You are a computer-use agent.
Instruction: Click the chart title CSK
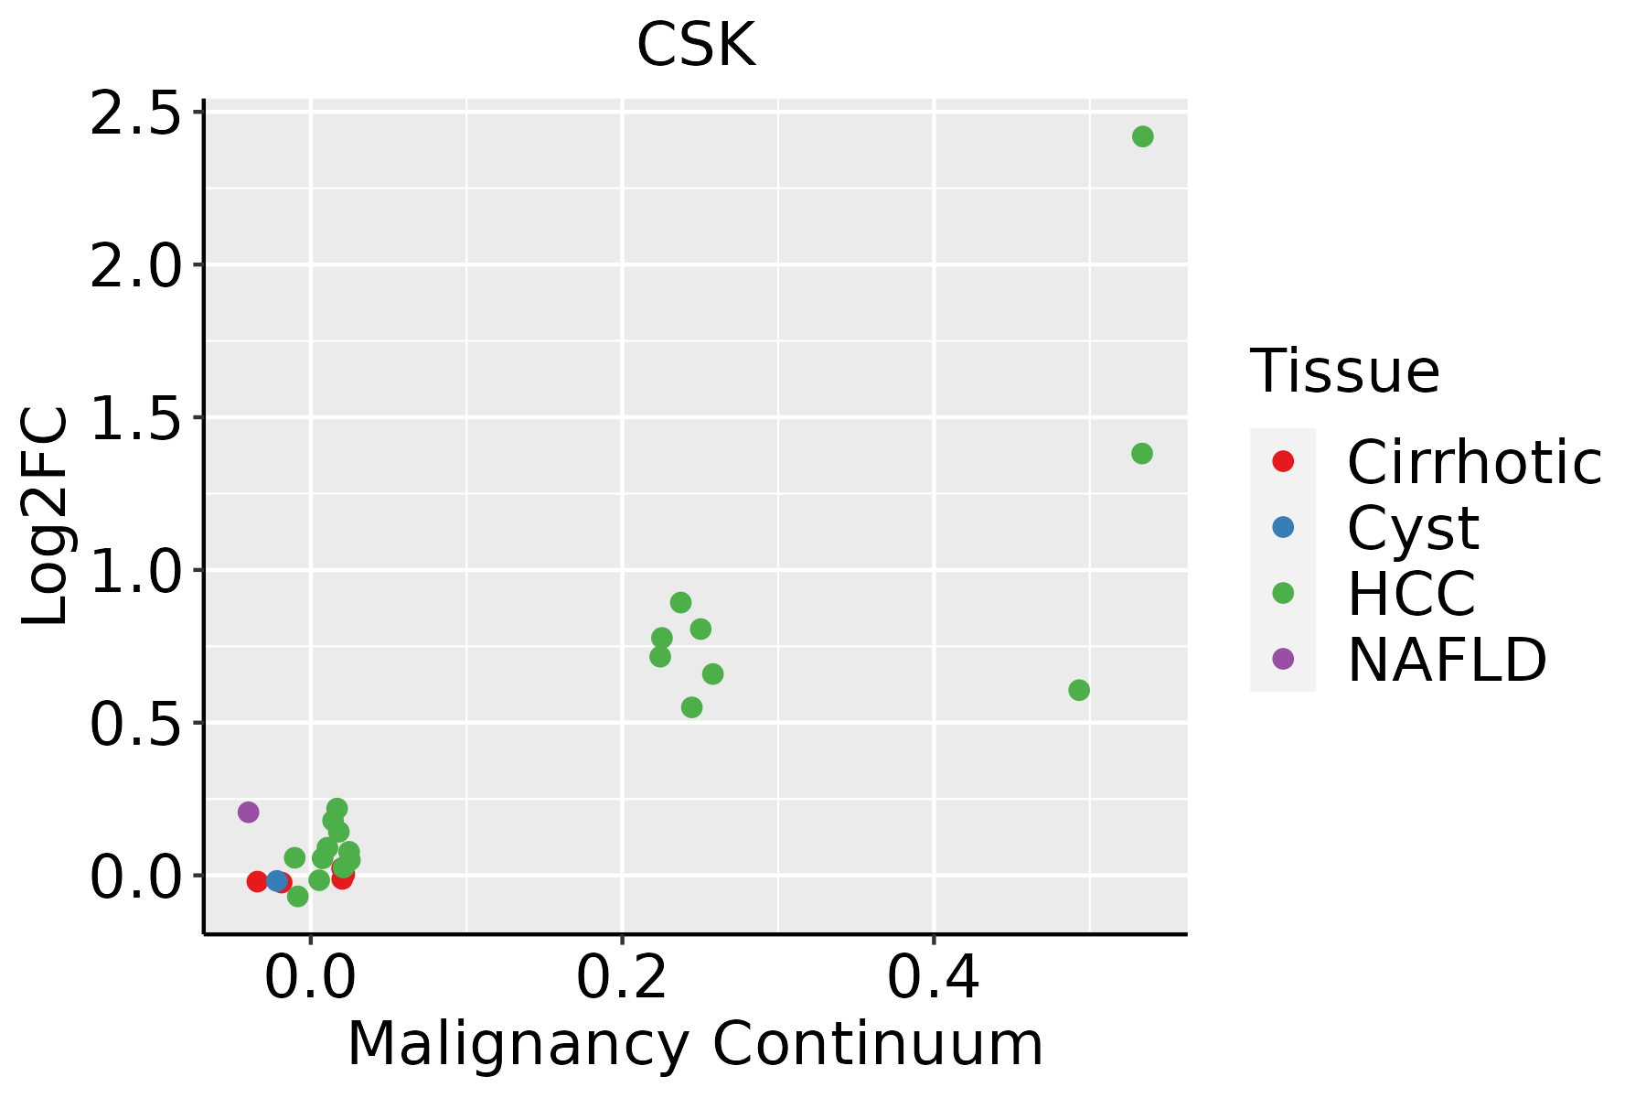pos(696,45)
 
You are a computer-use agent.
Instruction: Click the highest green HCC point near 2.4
pos(1142,136)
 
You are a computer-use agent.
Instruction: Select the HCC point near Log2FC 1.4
pos(1141,453)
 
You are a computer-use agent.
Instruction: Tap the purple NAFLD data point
pos(248,812)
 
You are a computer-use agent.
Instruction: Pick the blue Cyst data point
pos(276,881)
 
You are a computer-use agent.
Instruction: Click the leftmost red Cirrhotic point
pos(257,881)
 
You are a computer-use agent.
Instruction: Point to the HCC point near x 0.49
pos(1079,690)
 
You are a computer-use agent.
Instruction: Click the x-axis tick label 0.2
pos(622,978)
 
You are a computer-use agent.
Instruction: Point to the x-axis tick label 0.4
pos(934,978)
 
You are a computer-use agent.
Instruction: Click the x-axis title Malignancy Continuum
pos(695,1044)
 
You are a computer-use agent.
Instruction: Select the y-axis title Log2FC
pos(46,517)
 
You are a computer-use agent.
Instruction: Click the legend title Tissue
pos(1344,371)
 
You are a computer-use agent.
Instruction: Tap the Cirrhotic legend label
pos(1474,462)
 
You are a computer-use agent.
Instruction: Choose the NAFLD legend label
pos(1447,659)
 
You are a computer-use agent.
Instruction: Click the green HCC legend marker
pos(1283,593)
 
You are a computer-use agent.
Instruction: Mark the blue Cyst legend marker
pos(1283,527)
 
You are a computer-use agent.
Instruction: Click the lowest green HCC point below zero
pos(297,896)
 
